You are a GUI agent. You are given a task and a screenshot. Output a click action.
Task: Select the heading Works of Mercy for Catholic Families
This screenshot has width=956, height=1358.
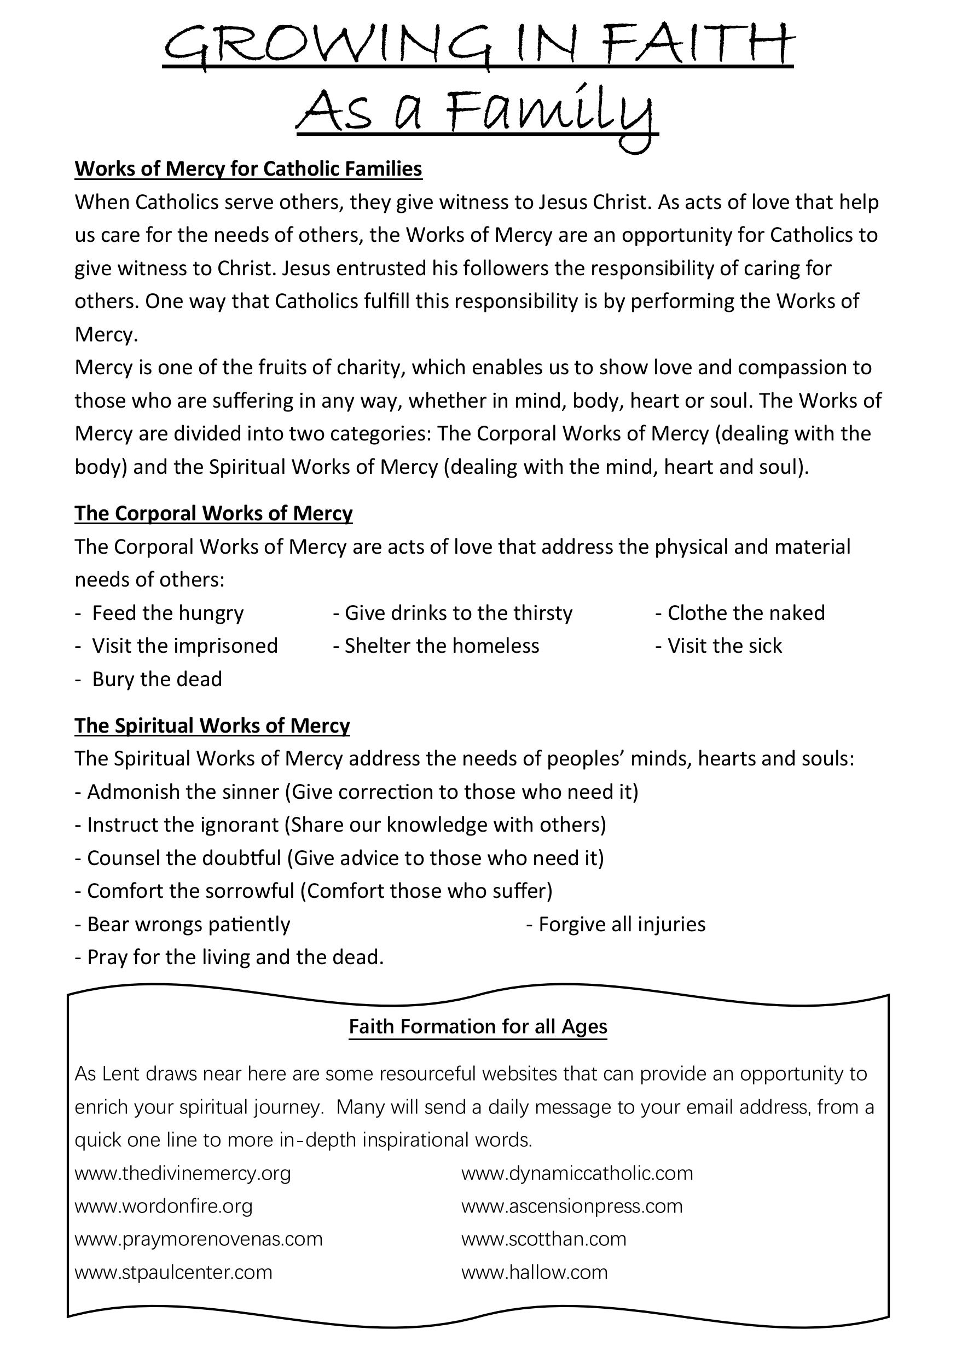tap(248, 169)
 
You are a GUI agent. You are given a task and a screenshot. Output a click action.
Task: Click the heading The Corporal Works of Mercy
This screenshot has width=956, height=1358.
tap(213, 513)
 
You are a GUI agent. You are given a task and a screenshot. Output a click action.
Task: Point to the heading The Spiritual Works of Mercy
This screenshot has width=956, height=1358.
tap(212, 725)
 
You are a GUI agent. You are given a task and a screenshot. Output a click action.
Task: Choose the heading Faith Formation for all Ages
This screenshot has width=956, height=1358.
tap(478, 1026)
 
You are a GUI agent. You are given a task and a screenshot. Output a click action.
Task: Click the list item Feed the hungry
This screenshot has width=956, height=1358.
tap(168, 613)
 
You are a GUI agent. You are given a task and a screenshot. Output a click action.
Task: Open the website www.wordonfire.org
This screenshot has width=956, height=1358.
tap(164, 1206)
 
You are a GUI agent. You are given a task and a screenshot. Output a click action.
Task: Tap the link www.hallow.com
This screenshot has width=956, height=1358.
tap(534, 1272)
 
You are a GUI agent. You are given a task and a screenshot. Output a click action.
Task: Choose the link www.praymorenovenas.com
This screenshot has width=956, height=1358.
tap(199, 1239)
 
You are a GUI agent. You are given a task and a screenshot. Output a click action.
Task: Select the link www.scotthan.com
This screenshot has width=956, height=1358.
tap(543, 1239)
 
